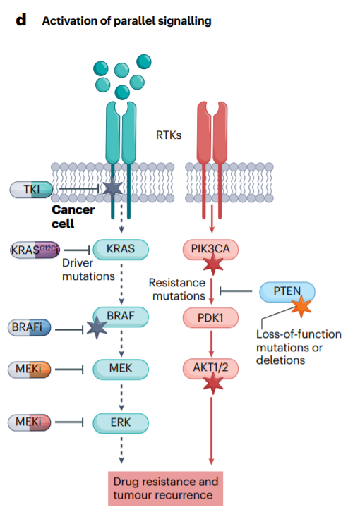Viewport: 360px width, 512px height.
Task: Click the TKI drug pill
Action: (31, 190)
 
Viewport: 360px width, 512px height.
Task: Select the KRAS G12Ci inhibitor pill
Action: (35, 250)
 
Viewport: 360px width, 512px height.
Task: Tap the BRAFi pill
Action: (30, 327)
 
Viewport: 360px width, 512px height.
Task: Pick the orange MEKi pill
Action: (30, 370)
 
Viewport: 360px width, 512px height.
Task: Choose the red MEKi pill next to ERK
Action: (30, 422)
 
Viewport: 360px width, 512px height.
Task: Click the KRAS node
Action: (121, 250)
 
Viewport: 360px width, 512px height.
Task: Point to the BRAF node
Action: (121, 317)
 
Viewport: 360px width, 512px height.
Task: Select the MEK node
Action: (121, 369)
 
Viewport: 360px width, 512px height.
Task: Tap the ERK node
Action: (121, 423)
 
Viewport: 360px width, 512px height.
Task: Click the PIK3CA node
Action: (210, 250)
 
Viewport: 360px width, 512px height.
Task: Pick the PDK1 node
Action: (210, 317)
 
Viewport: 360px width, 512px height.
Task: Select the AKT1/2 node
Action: (210, 369)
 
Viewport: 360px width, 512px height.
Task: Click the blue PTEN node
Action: (287, 291)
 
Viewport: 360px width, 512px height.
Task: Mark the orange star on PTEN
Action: (301, 306)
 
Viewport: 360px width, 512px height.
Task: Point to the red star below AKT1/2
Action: (213, 384)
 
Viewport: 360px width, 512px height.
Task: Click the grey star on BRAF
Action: (97, 328)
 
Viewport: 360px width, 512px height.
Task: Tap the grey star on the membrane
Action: (113, 188)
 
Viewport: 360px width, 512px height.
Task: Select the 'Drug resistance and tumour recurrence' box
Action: (165, 489)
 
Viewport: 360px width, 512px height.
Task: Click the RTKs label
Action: (169, 135)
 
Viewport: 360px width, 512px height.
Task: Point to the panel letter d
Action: (21, 20)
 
